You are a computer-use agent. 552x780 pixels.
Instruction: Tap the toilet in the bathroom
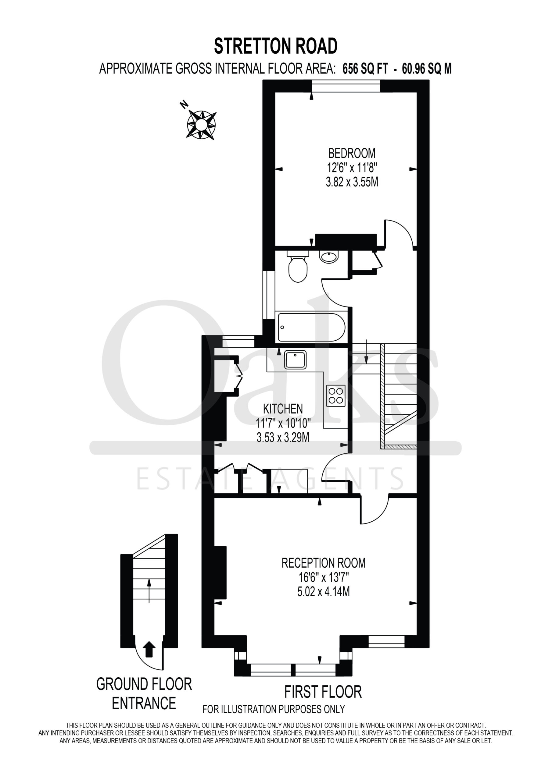point(298,266)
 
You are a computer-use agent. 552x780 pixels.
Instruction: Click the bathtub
point(312,327)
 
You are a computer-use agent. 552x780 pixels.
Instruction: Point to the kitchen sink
point(296,360)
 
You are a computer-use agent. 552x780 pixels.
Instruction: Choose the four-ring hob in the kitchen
point(336,396)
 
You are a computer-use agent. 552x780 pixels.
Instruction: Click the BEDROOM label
point(352,154)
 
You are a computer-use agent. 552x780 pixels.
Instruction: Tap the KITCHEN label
point(283,409)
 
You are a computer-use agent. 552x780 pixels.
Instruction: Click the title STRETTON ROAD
point(275,46)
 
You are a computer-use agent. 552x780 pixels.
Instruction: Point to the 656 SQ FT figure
point(365,69)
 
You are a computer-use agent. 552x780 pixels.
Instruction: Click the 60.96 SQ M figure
point(427,69)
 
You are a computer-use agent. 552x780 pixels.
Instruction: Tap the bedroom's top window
point(346,86)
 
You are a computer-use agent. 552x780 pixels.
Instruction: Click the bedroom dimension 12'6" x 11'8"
point(352,168)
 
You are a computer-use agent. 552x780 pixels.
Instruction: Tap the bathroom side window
point(269,295)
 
